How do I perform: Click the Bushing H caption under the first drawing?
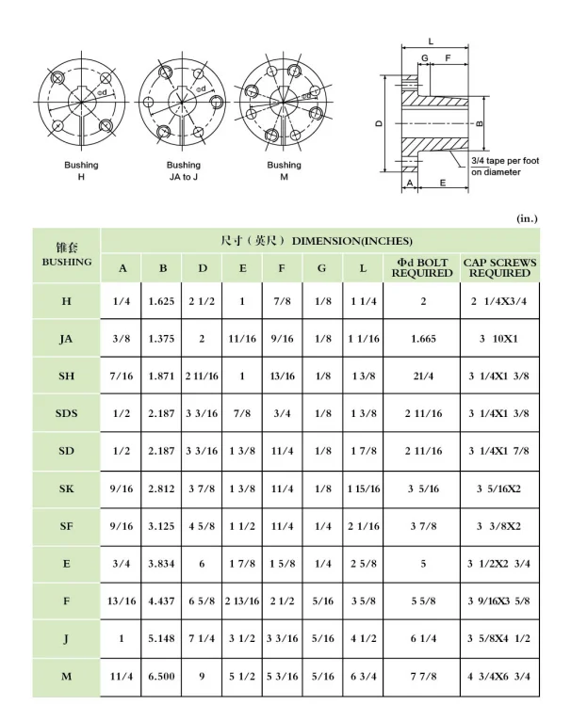point(81,170)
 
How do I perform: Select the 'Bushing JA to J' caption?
point(184,170)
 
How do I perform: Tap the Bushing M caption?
point(284,170)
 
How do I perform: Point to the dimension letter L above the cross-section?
point(431,41)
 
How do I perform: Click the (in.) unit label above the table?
point(528,217)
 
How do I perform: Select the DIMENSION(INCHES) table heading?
point(318,241)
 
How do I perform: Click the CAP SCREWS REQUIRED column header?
point(499,267)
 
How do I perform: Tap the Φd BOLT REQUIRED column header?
point(422,267)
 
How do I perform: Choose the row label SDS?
point(66,413)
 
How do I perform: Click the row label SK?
point(66,489)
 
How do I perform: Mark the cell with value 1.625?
point(163,300)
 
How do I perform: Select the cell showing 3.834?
point(163,564)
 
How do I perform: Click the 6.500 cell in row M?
point(163,677)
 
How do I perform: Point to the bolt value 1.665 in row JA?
point(422,338)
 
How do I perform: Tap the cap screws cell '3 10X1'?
point(499,338)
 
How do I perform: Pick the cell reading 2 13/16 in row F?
point(242,601)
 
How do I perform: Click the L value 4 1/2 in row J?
point(363,639)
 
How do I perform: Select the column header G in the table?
point(322,268)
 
